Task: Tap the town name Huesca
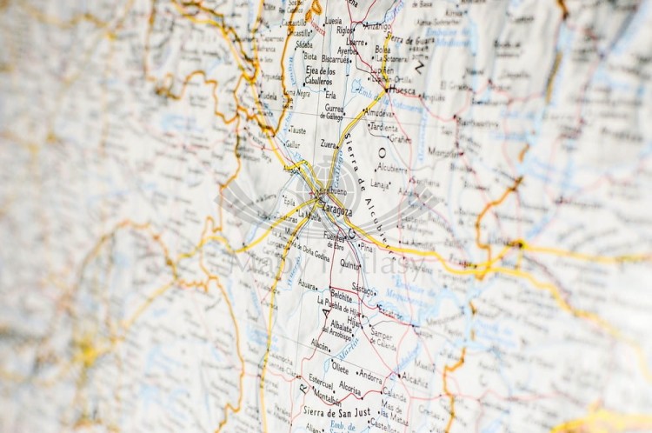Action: [403, 90]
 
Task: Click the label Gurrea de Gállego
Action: [333, 112]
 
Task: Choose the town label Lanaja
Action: [380, 183]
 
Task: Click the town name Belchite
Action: [342, 296]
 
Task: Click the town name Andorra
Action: [369, 377]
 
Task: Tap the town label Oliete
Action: [339, 368]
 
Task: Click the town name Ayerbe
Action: [347, 50]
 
